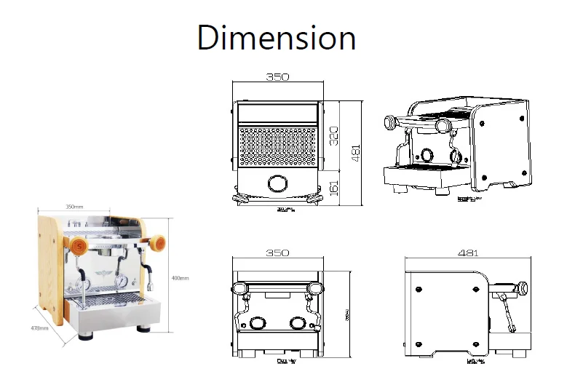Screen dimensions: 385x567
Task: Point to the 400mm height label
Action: coord(180,278)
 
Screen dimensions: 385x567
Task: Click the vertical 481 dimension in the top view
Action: coord(356,153)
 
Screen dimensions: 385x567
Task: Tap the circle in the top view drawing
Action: coord(277,183)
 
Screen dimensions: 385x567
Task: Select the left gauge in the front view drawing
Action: coord(258,324)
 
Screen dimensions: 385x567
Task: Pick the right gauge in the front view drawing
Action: coord(297,323)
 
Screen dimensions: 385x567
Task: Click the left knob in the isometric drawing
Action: coord(392,122)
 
